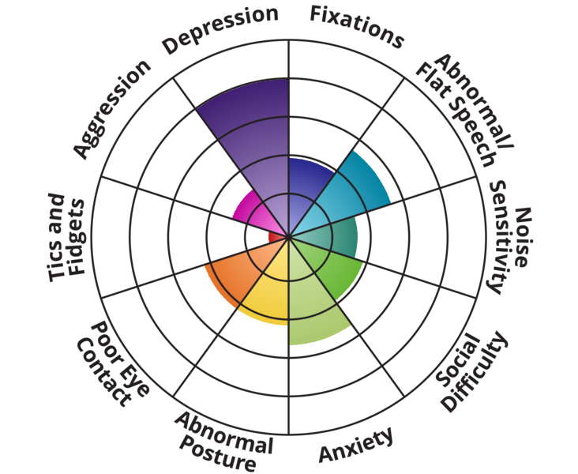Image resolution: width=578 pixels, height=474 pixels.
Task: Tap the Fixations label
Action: point(357,27)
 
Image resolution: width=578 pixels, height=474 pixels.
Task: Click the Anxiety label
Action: point(356,444)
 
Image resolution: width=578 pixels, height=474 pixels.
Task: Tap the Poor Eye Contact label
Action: point(113,364)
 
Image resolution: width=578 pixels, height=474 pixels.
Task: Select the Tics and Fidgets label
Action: point(66,238)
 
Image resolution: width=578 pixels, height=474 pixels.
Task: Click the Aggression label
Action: point(111,108)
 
